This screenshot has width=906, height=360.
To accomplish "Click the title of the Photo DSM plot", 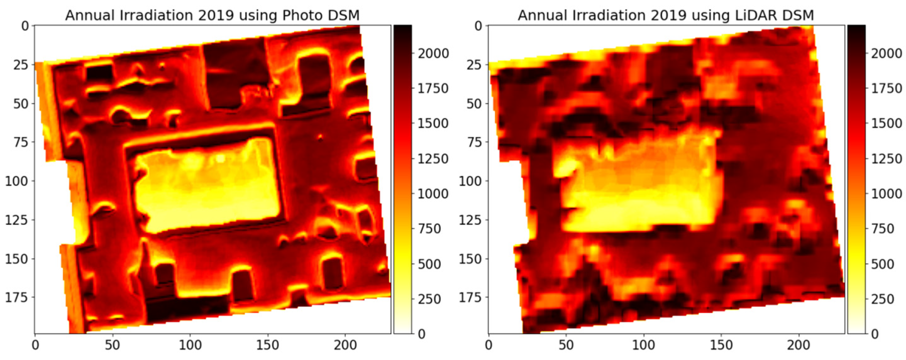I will tap(213, 15).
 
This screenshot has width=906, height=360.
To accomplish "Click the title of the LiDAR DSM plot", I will tap(666, 15).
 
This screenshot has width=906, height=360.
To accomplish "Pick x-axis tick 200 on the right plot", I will tap(799, 345).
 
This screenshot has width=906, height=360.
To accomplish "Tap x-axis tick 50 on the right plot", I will tap(566, 345).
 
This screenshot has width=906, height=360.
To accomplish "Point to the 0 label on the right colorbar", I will tap(874, 333).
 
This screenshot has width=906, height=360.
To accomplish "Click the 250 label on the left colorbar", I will tap(429, 299).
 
